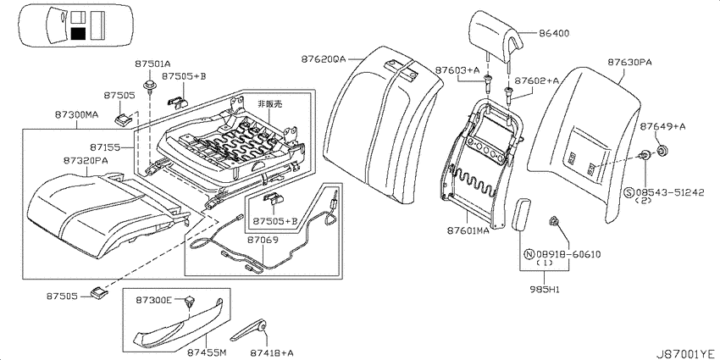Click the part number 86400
(x=554, y=33)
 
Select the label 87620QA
(x=324, y=59)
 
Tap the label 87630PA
(x=623, y=62)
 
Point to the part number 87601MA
(x=468, y=231)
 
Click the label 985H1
(x=544, y=290)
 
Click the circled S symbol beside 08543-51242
(x=629, y=192)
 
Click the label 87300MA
(x=77, y=115)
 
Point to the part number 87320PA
(x=86, y=160)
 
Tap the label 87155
(x=105, y=147)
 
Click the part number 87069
(x=263, y=239)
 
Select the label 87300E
(x=153, y=300)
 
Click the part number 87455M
(x=207, y=352)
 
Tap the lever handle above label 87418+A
(x=248, y=330)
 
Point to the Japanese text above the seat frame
(x=269, y=104)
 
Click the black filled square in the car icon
(x=79, y=34)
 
